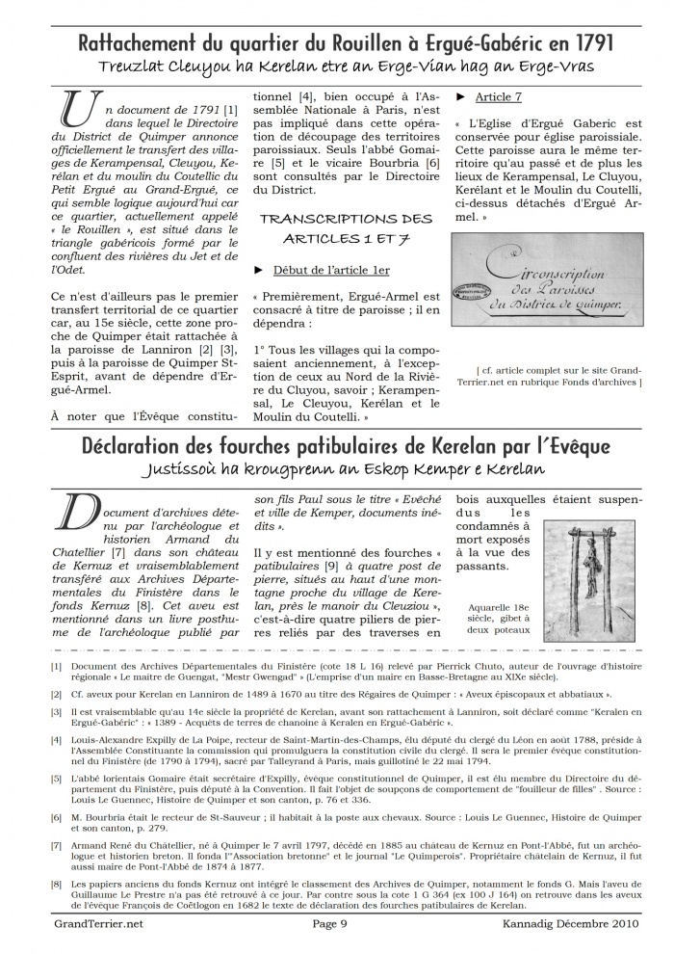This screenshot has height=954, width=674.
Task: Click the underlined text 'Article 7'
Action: point(499,97)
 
